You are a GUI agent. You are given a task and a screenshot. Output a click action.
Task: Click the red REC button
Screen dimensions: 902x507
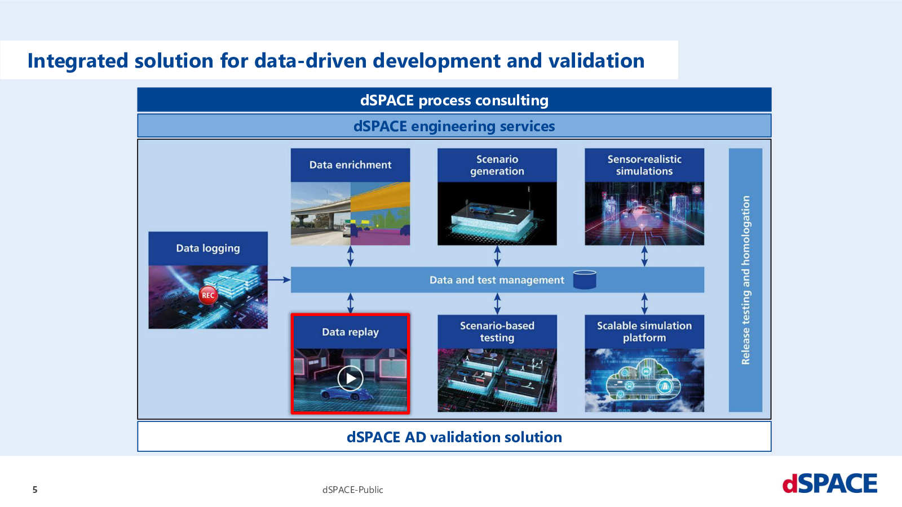[x=208, y=295]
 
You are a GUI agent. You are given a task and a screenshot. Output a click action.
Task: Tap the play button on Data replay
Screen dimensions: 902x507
[x=350, y=378]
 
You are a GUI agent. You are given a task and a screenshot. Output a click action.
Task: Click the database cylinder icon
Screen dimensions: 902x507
[x=584, y=279]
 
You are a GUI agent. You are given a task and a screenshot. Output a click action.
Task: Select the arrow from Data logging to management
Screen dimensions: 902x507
[x=279, y=279]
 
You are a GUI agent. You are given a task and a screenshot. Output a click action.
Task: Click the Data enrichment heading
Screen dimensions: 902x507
[x=350, y=165]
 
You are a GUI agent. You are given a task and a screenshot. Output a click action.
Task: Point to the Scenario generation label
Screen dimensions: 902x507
[x=497, y=165]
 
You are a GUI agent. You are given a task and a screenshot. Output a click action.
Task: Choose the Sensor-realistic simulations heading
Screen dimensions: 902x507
[x=644, y=165]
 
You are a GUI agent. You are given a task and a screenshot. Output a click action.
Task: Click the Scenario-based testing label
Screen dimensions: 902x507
[x=497, y=332]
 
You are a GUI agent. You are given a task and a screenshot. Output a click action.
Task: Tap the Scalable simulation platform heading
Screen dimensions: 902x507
[x=644, y=332]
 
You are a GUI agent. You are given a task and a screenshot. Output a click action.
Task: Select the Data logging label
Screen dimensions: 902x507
[x=208, y=248]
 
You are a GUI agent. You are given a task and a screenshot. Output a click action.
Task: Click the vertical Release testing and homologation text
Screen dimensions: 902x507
[x=746, y=280]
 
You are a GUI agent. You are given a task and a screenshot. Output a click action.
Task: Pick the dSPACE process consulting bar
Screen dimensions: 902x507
[x=454, y=100]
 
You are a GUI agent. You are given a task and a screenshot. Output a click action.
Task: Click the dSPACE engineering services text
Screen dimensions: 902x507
[x=454, y=126]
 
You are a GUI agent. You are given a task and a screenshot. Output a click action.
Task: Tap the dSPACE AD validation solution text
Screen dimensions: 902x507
[x=454, y=437]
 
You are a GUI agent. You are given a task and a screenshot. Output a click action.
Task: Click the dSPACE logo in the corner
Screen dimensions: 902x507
[x=829, y=483]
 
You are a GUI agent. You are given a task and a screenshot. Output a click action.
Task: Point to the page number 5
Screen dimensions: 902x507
[x=35, y=490]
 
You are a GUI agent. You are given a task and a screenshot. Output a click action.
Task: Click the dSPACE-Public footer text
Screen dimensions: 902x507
[x=353, y=490]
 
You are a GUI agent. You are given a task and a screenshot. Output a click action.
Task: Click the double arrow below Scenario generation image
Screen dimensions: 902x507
[x=497, y=256]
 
